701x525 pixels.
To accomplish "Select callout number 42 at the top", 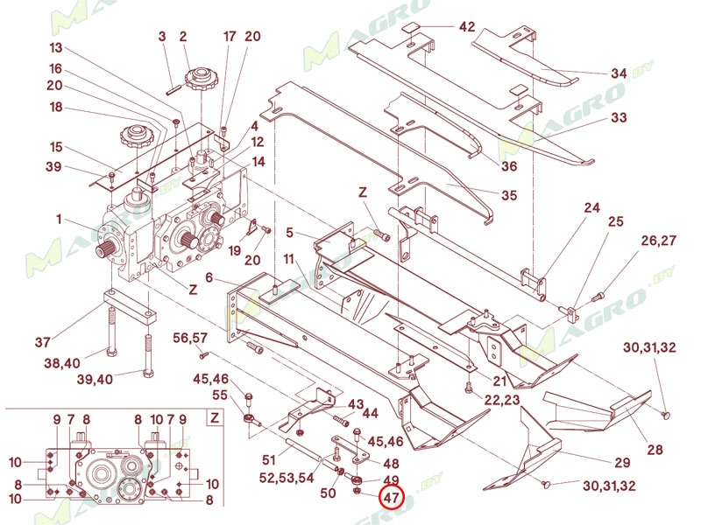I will [466, 26].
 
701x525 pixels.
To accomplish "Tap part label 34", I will [619, 73].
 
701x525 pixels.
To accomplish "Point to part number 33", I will [619, 117].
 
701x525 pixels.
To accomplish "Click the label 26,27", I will [659, 240].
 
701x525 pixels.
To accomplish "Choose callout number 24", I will [592, 208].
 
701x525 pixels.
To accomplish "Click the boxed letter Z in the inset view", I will [214, 418].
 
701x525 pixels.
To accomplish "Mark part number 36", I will [508, 166].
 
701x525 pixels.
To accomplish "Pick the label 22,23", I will [501, 399].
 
